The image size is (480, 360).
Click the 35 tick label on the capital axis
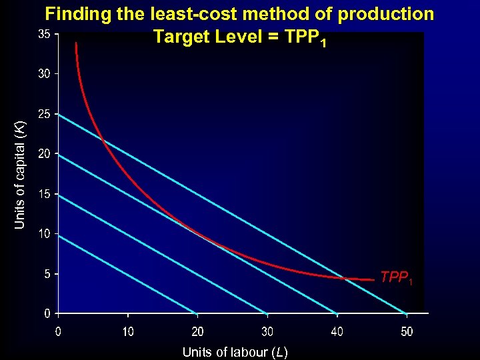(44, 34)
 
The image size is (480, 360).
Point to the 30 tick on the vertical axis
(44, 74)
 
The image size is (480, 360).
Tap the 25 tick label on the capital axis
(44, 114)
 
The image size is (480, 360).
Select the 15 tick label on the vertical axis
(44, 194)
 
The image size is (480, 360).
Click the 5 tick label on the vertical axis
(47, 274)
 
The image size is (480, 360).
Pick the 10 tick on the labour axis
(128, 331)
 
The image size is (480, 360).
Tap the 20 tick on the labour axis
(198, 331)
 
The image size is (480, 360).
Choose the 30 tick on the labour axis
(267, 331)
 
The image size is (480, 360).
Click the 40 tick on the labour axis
(337, 331)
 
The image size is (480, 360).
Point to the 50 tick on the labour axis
(407, 331)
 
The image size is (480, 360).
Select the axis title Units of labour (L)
(235, 352)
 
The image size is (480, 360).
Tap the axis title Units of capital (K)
(21, 175)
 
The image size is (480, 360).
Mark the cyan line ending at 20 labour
(127, 273)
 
